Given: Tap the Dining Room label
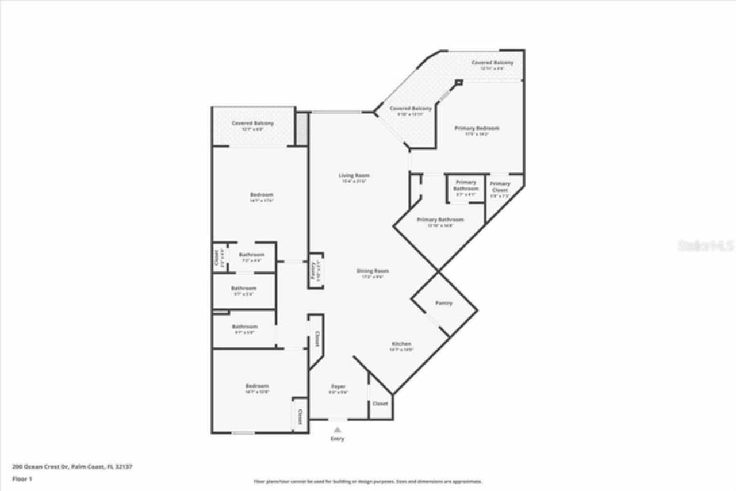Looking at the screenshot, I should [x=373, y=271].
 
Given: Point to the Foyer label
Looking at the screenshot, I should [x=338, y=386].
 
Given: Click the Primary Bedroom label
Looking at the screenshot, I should [x=477, y=128].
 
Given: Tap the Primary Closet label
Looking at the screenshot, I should [x=500, y=187].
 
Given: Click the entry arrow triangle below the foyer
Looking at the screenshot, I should [x=338, y=429].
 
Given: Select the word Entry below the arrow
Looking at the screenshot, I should [x=338, y=439].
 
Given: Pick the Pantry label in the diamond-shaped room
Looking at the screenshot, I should [x=443, y=303].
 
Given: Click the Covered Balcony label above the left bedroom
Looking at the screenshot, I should [x=252, y=123].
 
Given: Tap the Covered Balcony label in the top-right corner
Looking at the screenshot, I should [x=492, y=62].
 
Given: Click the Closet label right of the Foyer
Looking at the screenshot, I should [x=380, y=404].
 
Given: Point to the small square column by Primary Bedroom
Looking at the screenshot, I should [x=458, y=83].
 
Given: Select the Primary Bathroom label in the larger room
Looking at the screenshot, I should [x=440, y=220].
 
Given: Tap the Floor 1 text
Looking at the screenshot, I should [x=22, y=478].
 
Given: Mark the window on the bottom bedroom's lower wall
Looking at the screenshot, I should [x=243, y=432].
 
